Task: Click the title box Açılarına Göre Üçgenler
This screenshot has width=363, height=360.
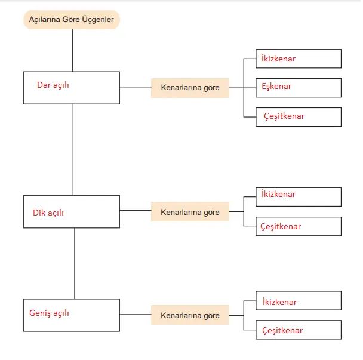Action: (72, 20)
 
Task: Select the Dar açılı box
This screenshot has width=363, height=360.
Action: (72, 88)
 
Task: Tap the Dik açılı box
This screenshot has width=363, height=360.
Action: (72, 211)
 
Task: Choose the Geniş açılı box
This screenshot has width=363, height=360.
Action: (72, 315)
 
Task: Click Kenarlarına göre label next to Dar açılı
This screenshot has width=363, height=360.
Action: (190, 88)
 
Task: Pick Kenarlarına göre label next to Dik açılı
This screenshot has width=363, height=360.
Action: (190, 212)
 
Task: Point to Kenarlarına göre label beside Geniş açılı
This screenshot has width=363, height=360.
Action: (190, 315)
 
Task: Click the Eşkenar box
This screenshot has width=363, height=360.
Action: (299, 87)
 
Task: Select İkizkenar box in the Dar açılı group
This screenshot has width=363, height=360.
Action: (299, 59)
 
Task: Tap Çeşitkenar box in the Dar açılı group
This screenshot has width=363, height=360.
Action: (299, 116)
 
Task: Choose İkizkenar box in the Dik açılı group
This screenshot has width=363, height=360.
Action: (299, 196)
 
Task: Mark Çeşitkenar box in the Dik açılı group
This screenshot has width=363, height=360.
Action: (299, 226)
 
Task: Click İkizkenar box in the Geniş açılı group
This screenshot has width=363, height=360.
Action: (299, 301)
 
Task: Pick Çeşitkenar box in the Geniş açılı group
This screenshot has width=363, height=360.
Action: (299, 330)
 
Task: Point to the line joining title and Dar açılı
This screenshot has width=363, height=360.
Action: (72, 50)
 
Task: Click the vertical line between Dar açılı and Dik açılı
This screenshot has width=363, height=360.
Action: (73, 149)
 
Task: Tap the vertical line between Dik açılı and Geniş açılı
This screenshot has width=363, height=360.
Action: (75, 263)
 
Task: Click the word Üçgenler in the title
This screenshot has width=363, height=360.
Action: (96, 20)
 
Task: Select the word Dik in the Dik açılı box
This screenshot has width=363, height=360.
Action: (39, 213)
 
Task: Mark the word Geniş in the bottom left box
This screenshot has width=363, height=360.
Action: (39, 312)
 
